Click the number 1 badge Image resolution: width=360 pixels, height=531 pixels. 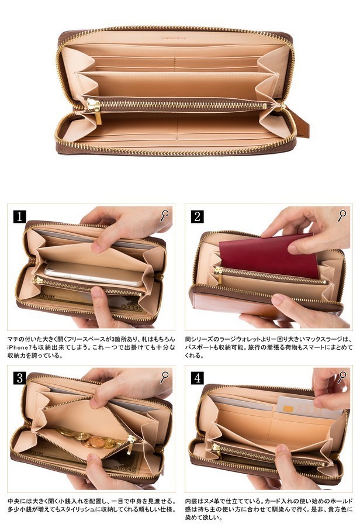(20, 216)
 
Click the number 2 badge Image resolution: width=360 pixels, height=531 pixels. (198, 216)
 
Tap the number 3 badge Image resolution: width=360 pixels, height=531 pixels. (20, 378)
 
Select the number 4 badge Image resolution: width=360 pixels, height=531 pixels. (198, 378)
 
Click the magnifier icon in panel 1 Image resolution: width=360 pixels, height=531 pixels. (164, 216)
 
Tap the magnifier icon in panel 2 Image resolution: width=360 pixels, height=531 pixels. (342, 216)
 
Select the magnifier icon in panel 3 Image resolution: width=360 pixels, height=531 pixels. (164, 377)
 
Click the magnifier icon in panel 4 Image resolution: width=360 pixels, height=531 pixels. (342, 377)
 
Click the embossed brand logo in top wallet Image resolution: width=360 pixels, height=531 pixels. (175, 38)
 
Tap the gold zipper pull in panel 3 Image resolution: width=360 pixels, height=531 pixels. (130, 444)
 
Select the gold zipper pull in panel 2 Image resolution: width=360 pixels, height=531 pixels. (219, 274)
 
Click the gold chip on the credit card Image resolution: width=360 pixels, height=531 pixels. (288, 409)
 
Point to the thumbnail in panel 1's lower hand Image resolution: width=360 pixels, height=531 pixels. (97, 292)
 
